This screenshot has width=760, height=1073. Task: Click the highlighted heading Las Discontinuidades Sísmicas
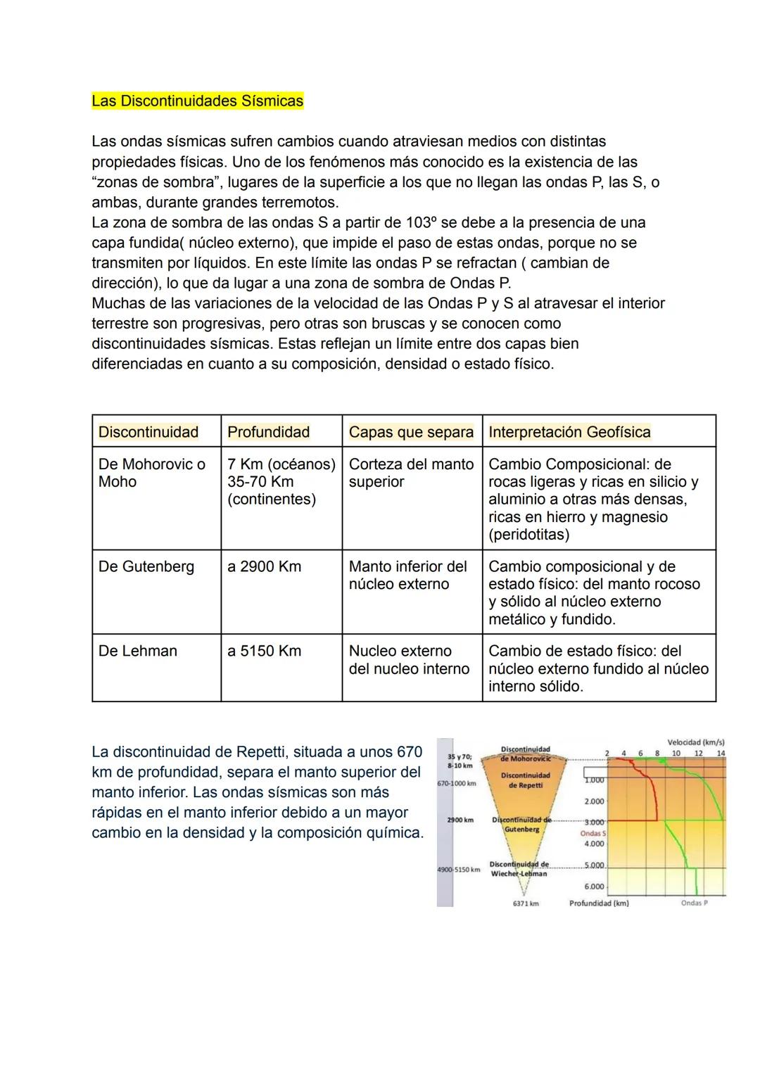pos(197,101)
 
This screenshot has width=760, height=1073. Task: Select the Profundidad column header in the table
pos(268,432)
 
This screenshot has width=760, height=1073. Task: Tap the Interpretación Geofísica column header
pos(569,432)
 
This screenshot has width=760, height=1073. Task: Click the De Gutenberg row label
pos(146,566)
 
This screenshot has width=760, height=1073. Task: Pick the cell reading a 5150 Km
pos(264,651)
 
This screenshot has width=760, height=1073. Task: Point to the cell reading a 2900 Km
pos(264,566)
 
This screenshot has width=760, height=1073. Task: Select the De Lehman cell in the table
pos(138,651)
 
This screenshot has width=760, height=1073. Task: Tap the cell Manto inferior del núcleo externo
pos(408,575)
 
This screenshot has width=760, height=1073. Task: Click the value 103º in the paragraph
pos(420,222)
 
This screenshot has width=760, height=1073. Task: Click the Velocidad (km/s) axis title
pos(695,742)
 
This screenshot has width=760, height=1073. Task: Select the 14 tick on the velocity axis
pos(721,754)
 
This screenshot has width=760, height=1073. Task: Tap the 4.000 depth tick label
pos(594,844)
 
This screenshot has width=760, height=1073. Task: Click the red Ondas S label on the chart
pos(593,833)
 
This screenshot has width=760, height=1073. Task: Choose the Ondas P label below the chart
pos(694,903)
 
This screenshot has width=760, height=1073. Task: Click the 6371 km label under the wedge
pos(526,903)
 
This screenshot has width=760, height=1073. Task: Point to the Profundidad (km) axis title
pos(599,903)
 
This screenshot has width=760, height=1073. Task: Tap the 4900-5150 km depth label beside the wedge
pos(458,870)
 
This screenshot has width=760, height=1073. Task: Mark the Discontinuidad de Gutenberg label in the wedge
pos(521,825)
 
